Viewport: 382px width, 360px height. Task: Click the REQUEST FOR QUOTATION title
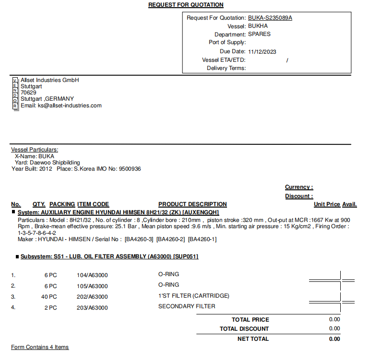click(x=186, y=5)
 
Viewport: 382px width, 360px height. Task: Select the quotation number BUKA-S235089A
click(x=270, y=18)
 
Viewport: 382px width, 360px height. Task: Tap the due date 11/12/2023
click(x=262, y=52)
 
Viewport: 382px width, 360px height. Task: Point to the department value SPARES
click(x=259, y=35)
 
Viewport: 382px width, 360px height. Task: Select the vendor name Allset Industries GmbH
click(x=49, y=80)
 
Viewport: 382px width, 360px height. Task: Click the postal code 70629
click(x=28, y=93)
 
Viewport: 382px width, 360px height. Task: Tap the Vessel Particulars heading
click(x=35, y=150)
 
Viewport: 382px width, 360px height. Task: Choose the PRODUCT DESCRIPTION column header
click(x=192, y=204)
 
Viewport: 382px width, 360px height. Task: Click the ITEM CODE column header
click(x=93, y=204)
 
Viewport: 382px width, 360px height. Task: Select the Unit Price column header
click(x=327, y=204)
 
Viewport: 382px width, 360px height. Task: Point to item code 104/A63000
click(x=92, y=275)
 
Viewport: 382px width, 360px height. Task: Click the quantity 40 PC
click(x=49, y=297)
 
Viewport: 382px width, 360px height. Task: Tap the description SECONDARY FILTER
click(x=187, y=306)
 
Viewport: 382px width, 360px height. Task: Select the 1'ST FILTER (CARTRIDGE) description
click(x=193, y=296)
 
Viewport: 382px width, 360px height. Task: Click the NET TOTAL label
click(x=253, y=339)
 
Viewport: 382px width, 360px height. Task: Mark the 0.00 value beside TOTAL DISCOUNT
click(x=334, y=328)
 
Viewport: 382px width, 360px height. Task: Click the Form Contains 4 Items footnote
click(x=40, y=347)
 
